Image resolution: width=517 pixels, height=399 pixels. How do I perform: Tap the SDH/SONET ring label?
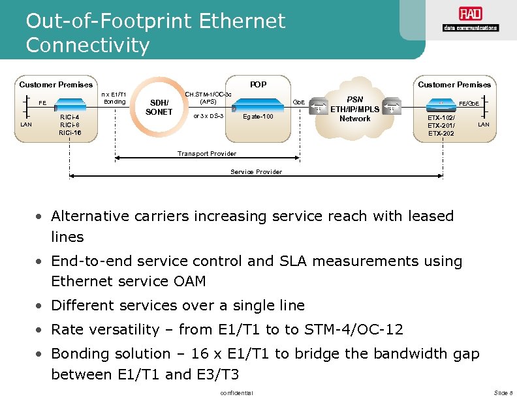(159, 107)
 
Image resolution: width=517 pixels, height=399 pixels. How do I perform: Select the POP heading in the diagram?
(258, 84)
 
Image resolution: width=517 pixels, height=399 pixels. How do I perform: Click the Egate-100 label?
(258, 117)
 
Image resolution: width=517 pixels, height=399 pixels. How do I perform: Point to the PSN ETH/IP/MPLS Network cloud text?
(354, 109)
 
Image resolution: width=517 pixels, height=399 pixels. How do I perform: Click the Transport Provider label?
(207, 154)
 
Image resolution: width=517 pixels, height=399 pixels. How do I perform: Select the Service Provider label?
(257, 172)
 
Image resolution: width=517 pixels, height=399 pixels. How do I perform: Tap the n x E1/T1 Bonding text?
(114, 98)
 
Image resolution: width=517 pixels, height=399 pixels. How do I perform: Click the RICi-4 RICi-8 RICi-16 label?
(70, 125)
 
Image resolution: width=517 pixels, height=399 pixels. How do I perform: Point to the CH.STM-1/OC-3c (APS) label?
(208, 98)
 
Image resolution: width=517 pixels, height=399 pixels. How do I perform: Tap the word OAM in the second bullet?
(187, 282)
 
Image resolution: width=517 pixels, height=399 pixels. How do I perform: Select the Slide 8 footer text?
(503, 392)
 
